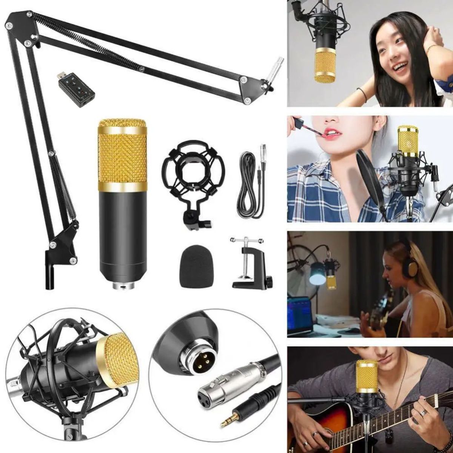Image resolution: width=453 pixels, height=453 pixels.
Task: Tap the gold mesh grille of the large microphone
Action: [122, 155]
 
